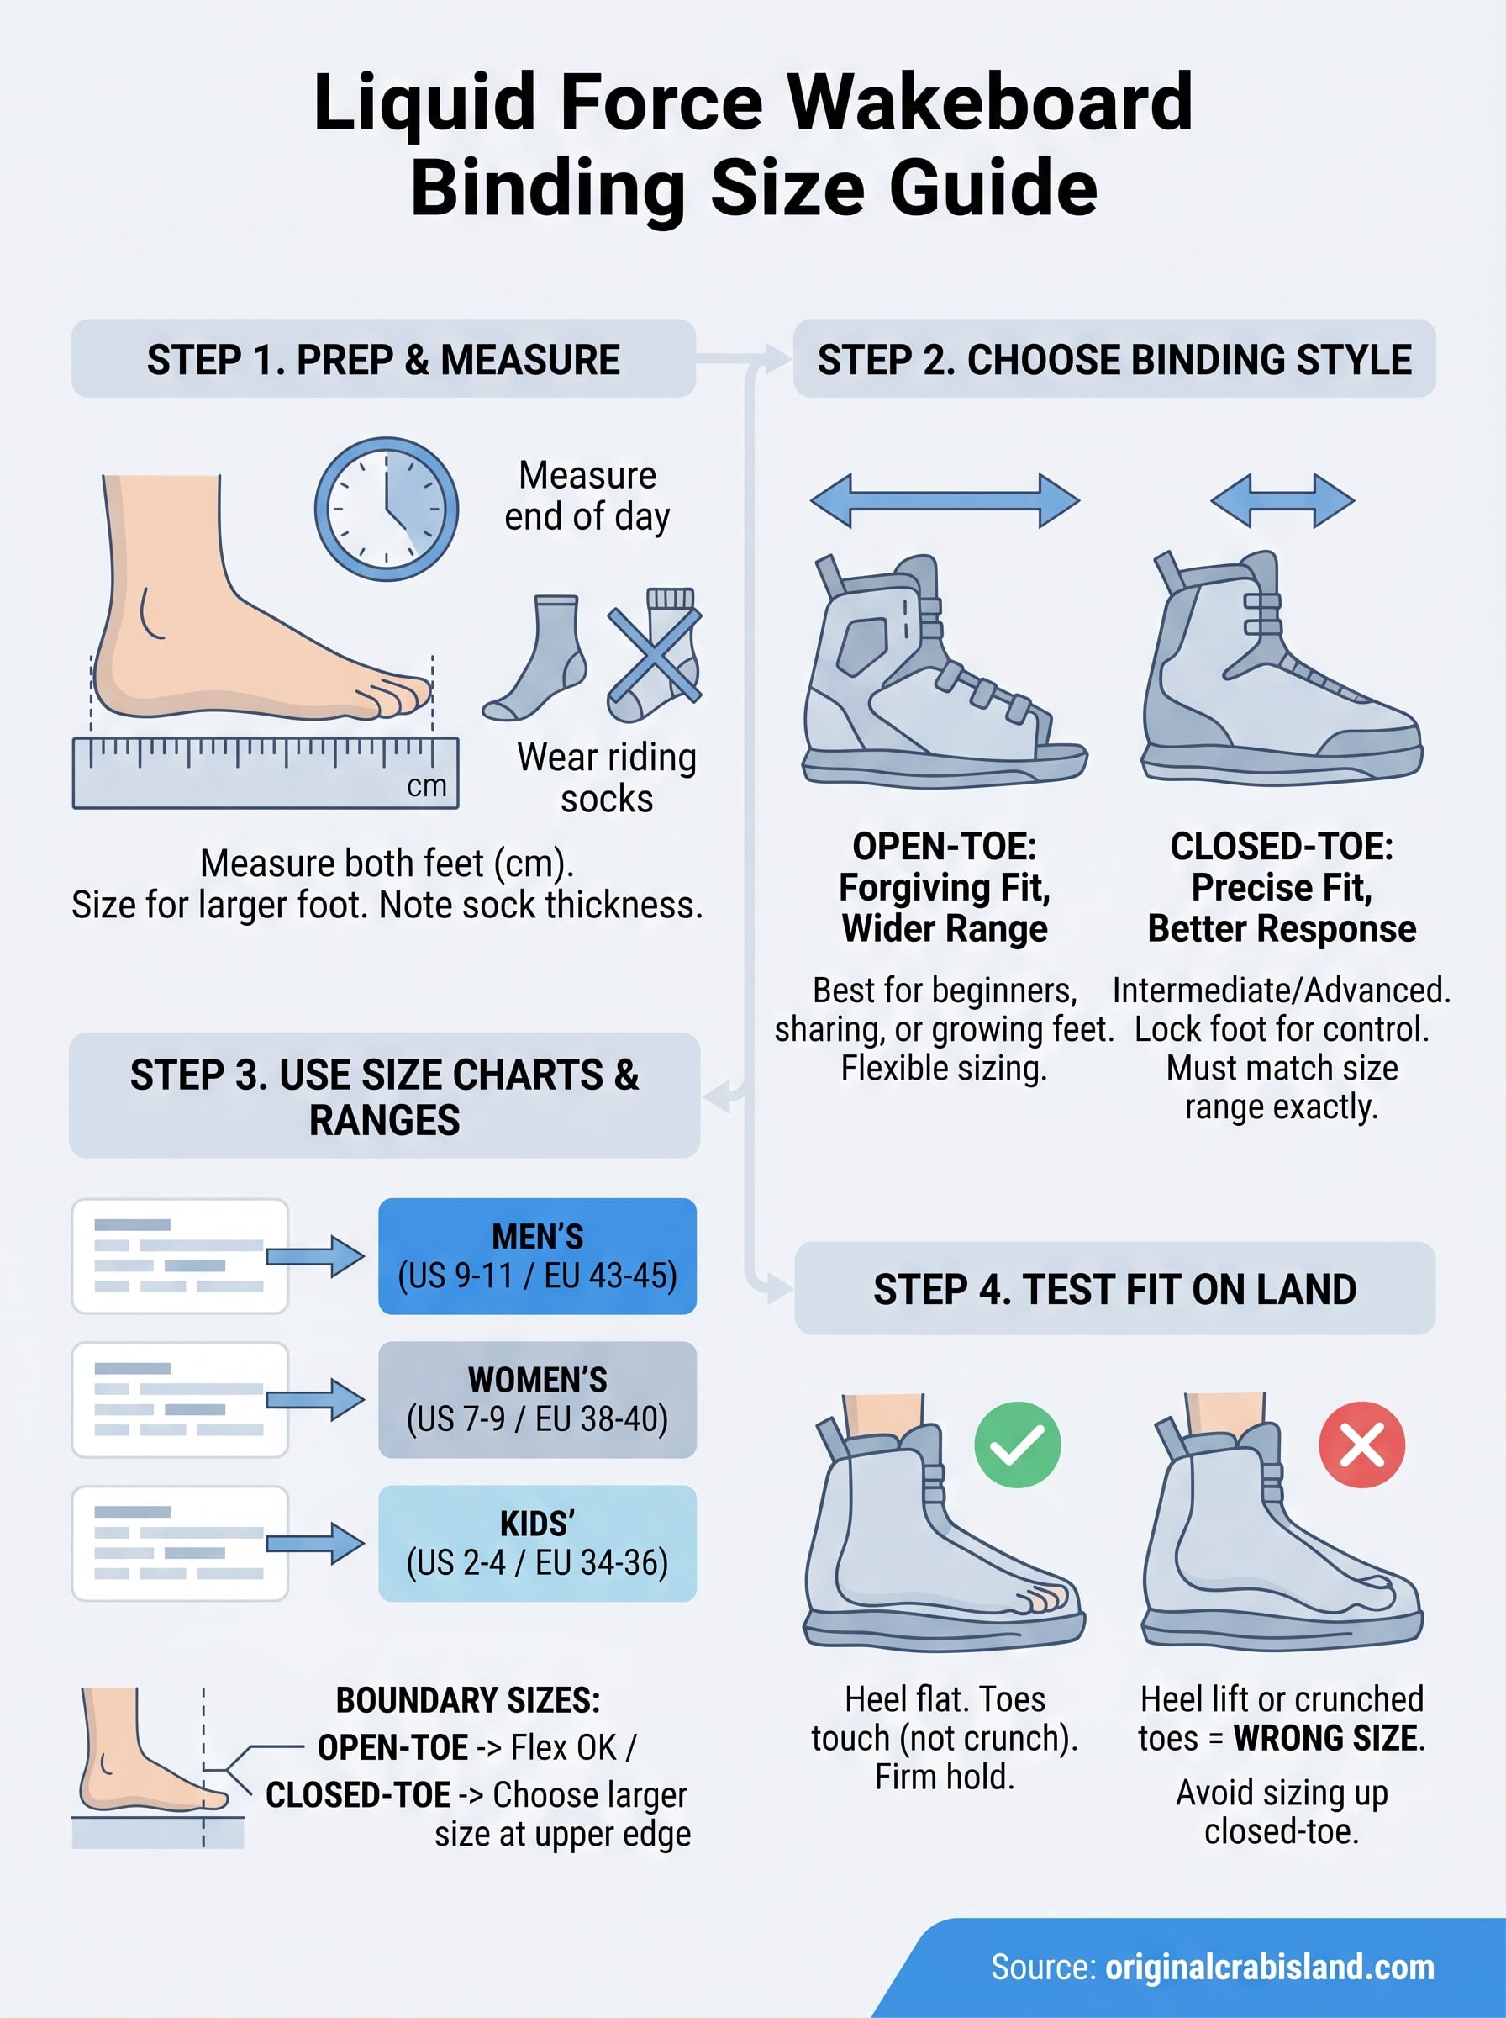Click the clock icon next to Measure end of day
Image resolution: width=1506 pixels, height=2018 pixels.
pyautogui.click(x=386, y=509)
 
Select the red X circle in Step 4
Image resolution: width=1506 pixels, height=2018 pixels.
pyautogui.click(x=1361, y=1445)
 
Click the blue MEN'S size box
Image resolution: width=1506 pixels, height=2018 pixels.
pyautogui.click(x=537, y=1255)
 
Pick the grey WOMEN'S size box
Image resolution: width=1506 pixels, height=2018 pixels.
pyautogui.click(x=537, y=1399)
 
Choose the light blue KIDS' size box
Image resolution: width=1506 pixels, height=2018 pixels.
pyautogui.click(x=537, y=1543)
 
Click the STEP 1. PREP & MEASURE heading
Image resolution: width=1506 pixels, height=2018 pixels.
pyautogui.click(x=383, y=359)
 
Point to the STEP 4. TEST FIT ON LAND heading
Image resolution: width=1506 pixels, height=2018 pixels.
pyautogui.click(x=1114, y=1288)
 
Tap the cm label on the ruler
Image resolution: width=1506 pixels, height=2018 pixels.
pyautogui.click(x=427, y=786)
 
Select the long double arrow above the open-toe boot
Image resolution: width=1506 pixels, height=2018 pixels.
pyautogui.click(x=945, y=499)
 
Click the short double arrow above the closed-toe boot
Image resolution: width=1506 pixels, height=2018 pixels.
pyautogui.click(x=1282, y=499)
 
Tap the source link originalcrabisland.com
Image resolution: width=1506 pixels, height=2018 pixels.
pyautogui.click(x=1269, y=1967)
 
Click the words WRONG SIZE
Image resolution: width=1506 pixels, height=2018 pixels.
pyautogui.click(x=1326, y=1738)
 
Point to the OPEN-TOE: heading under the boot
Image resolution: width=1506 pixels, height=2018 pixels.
pyautogui.click(x=945, y=846)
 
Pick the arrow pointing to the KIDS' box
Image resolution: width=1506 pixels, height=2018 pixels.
pyautogui.click(x=315, y=1543)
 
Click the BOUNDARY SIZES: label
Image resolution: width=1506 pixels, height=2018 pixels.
pyautogui.click(x=467, y=1701)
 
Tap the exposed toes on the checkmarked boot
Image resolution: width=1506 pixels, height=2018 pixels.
pyautogui.click(x=1045, y=1598)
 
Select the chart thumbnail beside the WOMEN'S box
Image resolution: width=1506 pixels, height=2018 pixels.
pyautogui.click(x=180, y=1399)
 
